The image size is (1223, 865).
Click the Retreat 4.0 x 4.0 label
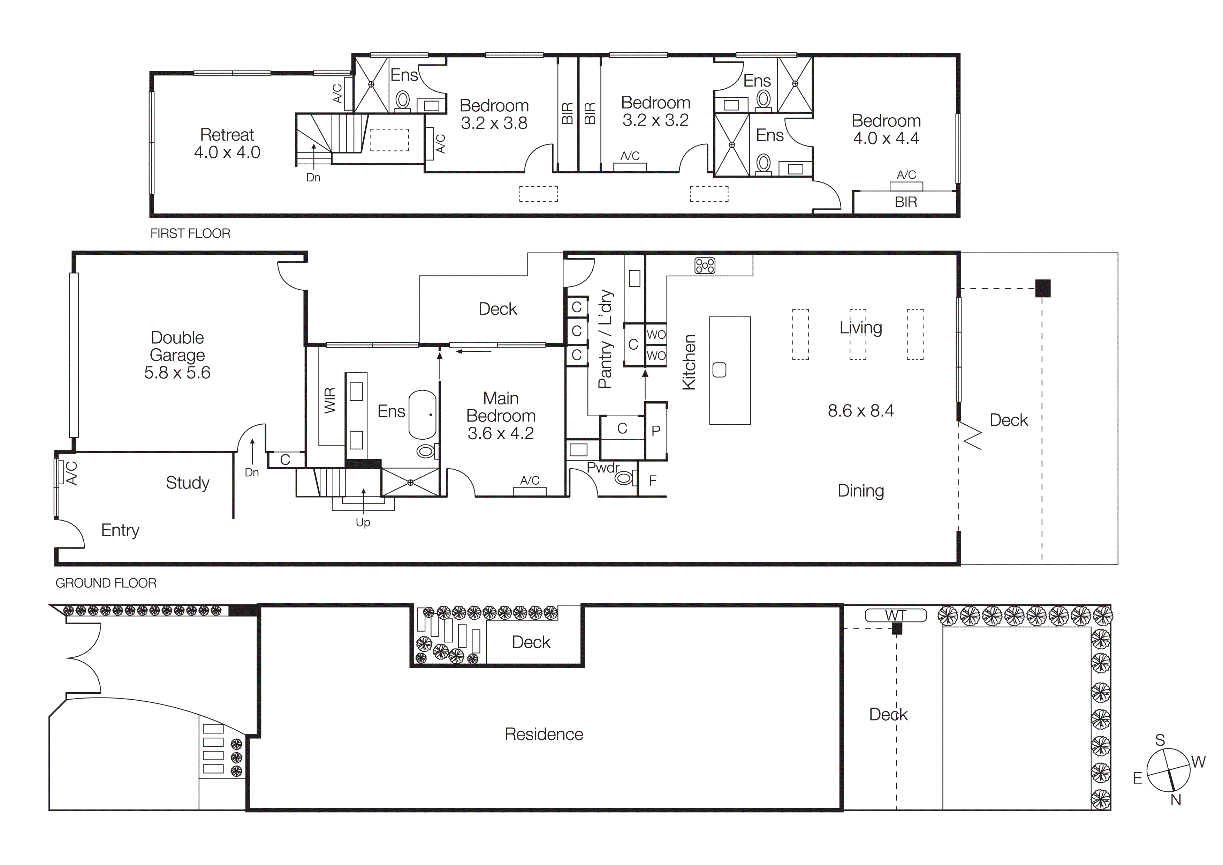coord(227,143)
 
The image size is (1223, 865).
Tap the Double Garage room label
coord(177,355)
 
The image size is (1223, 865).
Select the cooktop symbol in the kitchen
coord(705,266)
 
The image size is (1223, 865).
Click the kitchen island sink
coord(719,370)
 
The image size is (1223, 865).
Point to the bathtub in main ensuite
coord(423,415)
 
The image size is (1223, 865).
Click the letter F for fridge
coord(653,481)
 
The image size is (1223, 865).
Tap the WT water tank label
coord(895,616)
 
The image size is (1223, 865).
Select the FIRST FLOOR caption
coord(190,233)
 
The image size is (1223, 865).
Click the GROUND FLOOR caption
coord(106,583)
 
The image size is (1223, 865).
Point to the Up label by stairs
coord(363,522)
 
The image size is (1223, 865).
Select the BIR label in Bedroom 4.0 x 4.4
coord(905,202)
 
